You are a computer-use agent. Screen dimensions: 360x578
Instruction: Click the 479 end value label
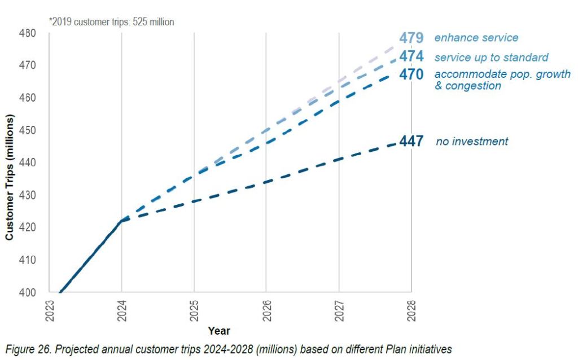pyautogui.click(x=411, y=38)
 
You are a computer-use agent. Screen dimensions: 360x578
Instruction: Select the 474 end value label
pyautogui.click(x=411, y=56)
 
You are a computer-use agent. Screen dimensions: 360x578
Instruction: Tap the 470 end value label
pyautogui.click(x=411, y=74)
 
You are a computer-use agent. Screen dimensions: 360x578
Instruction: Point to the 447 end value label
pyautogui.click(x=411, y=141)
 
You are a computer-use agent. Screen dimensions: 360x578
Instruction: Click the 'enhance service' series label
pyautogui.click(x=476, y=38)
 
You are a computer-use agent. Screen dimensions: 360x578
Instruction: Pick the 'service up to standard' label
pyautogui.click(x=491, y=57)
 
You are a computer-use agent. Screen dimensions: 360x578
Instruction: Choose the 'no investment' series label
pyautogui.click(x=472, y=141)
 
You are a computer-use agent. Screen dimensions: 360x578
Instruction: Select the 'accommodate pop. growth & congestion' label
pyautogui.click(x=502, y=80)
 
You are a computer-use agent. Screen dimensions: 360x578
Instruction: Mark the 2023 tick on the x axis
pyautogui.click(x=49, y=310)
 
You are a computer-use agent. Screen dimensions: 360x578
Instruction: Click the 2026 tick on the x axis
pyautogui.click(x=266, y=310)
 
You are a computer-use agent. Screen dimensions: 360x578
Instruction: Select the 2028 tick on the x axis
pyautogui.click(x=411, y=310)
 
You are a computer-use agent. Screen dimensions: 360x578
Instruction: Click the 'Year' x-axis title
pyautogui.click(x=218, y=331)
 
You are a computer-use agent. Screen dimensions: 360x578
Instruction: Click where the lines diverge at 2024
pyautogui.click(x=121, y=221)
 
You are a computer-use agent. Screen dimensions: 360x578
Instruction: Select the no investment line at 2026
pyautogui.click(x=266, y=182)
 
